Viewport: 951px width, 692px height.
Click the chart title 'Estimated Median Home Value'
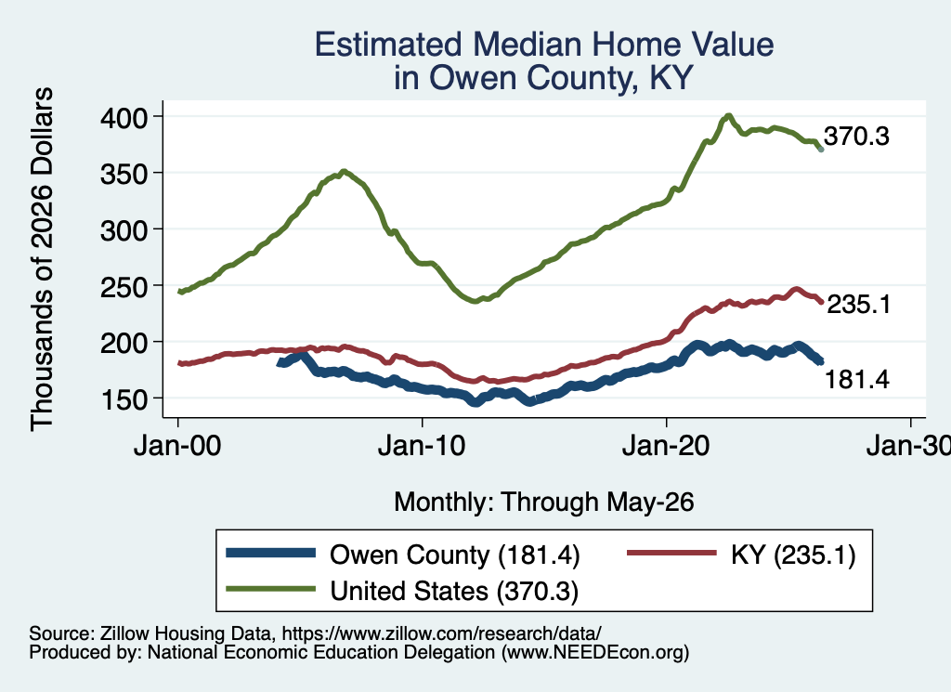(544, 45)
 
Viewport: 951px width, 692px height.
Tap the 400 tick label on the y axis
(124, 117)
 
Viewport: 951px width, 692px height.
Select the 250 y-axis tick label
(124, 286)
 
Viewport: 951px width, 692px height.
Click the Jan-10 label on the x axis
(422, 446)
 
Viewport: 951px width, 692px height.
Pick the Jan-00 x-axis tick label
(177, 446)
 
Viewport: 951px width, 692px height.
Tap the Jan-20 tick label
(666, 446)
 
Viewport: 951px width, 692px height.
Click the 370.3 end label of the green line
(856, 137)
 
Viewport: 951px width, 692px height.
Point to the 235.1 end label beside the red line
(859, 304)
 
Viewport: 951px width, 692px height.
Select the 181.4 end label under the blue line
(857, 380)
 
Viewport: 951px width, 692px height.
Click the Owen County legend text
(455, 555)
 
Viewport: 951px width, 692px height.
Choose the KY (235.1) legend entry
(793, 555)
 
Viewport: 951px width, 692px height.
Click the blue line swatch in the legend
(270, 553)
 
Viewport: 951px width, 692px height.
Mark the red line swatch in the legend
(671, 553)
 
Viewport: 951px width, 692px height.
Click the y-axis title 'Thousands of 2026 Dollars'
(42, 259)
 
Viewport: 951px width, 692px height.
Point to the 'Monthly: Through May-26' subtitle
(544, 503)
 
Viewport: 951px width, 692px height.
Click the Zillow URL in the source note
(441, 633)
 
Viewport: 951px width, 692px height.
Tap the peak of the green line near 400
(728, 115)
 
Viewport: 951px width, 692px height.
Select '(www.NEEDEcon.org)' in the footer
(595, 653)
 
